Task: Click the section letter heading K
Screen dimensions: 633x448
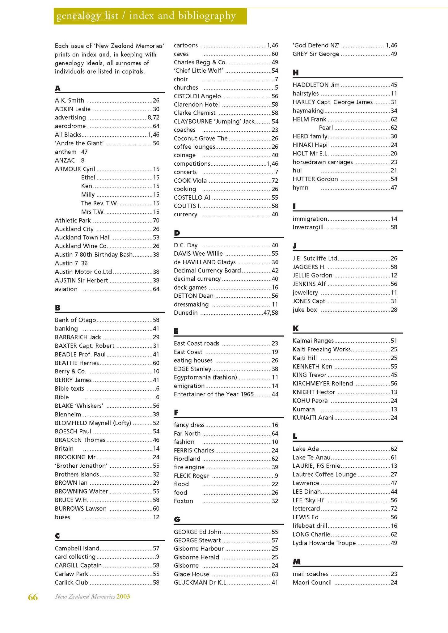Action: (295, 329)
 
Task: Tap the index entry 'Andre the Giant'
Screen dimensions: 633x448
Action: (79, 143)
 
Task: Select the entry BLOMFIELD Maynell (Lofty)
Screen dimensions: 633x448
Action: (93, 423)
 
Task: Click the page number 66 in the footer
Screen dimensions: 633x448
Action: (33, 597)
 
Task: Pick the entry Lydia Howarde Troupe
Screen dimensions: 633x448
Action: (324, 543)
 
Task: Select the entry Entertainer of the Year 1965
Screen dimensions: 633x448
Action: (214, 394)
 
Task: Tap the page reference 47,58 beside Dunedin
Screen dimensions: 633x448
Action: (271, 313)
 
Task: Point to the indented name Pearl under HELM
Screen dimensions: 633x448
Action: (326, 128)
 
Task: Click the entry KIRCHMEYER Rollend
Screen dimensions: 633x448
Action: (323, 383)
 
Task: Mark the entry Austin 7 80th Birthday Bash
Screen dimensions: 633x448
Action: (94, 255)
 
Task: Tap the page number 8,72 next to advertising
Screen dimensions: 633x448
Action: (153, 117)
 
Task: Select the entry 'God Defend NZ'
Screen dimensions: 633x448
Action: (316, 45)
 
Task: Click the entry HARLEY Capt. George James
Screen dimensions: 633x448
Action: (332, 102)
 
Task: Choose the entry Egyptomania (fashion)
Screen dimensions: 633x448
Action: (205, 377)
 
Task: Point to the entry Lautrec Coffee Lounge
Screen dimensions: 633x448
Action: (324, 474)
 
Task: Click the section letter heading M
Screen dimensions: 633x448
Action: (296, 562)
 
